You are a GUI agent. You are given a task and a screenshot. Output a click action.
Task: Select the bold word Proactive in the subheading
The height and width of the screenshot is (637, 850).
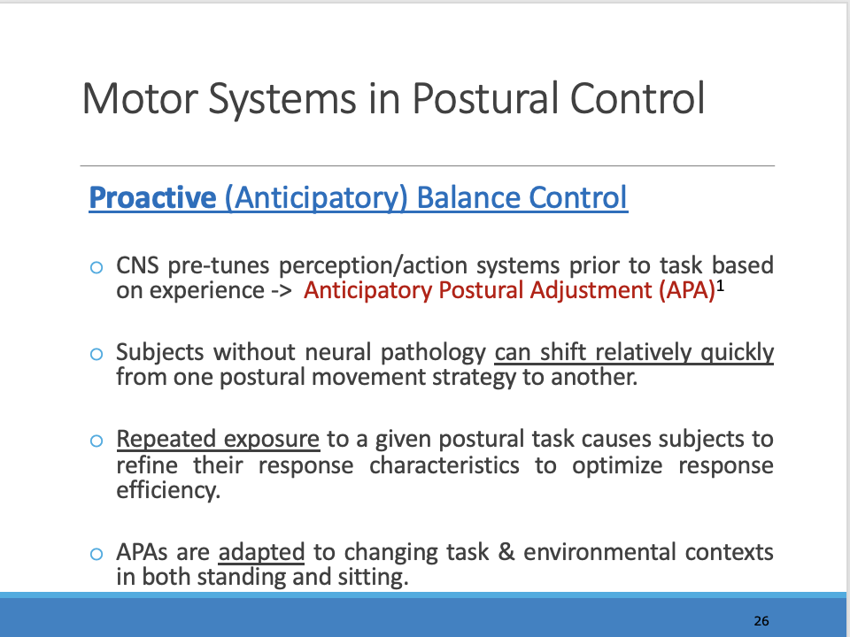[x=152, y=197]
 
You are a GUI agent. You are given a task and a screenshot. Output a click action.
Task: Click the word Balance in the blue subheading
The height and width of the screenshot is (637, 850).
[x=468, y=197]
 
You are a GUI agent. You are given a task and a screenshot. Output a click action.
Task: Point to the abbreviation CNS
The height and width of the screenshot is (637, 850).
[x=137, y=265]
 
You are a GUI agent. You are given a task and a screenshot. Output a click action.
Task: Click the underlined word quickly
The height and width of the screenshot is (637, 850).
[x=737, y=353]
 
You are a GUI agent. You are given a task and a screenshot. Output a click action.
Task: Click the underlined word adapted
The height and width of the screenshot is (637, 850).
[x=261, y=553]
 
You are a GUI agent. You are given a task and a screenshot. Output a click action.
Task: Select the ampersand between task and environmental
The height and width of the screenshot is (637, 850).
[x=506, y=553]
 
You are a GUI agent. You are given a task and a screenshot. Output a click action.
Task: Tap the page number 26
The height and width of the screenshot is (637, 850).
[x=761, y=621]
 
